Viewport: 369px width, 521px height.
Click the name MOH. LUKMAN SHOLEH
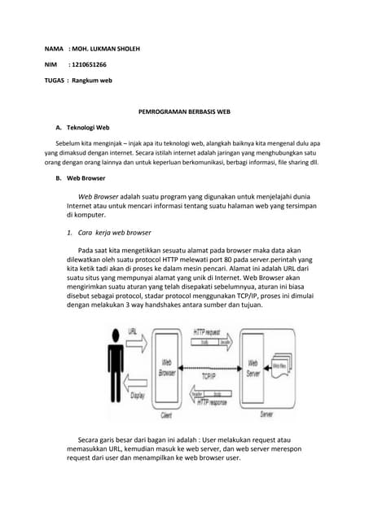[107, 49]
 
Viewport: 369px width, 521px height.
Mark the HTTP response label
[211, 401]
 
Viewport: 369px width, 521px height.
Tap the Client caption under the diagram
[166, 415]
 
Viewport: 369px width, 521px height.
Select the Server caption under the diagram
[266, 415]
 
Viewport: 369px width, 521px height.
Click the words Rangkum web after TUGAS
[91, 81]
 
